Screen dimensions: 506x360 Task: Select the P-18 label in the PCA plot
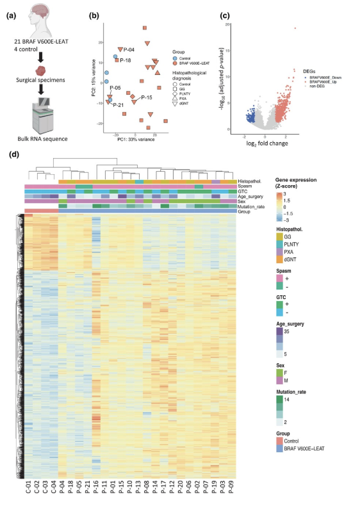(126, 60)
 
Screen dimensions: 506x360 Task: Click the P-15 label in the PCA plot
(145, 97)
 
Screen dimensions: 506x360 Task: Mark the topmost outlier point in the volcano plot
(295, 28)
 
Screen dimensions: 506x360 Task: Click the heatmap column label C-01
(28, 489)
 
